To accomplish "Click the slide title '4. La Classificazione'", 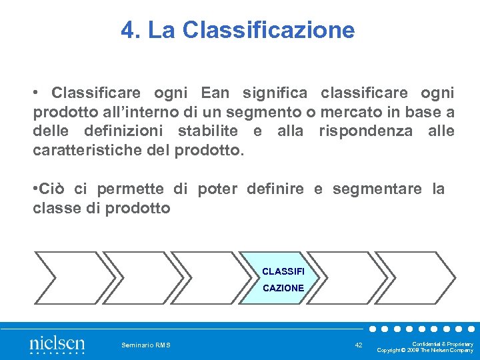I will [238, 30].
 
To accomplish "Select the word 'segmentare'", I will [377, 189].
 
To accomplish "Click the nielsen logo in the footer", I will [57, 345].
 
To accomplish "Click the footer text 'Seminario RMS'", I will [145, 345].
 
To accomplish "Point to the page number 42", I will [359, 345].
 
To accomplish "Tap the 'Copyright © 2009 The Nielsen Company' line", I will [425, 350].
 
